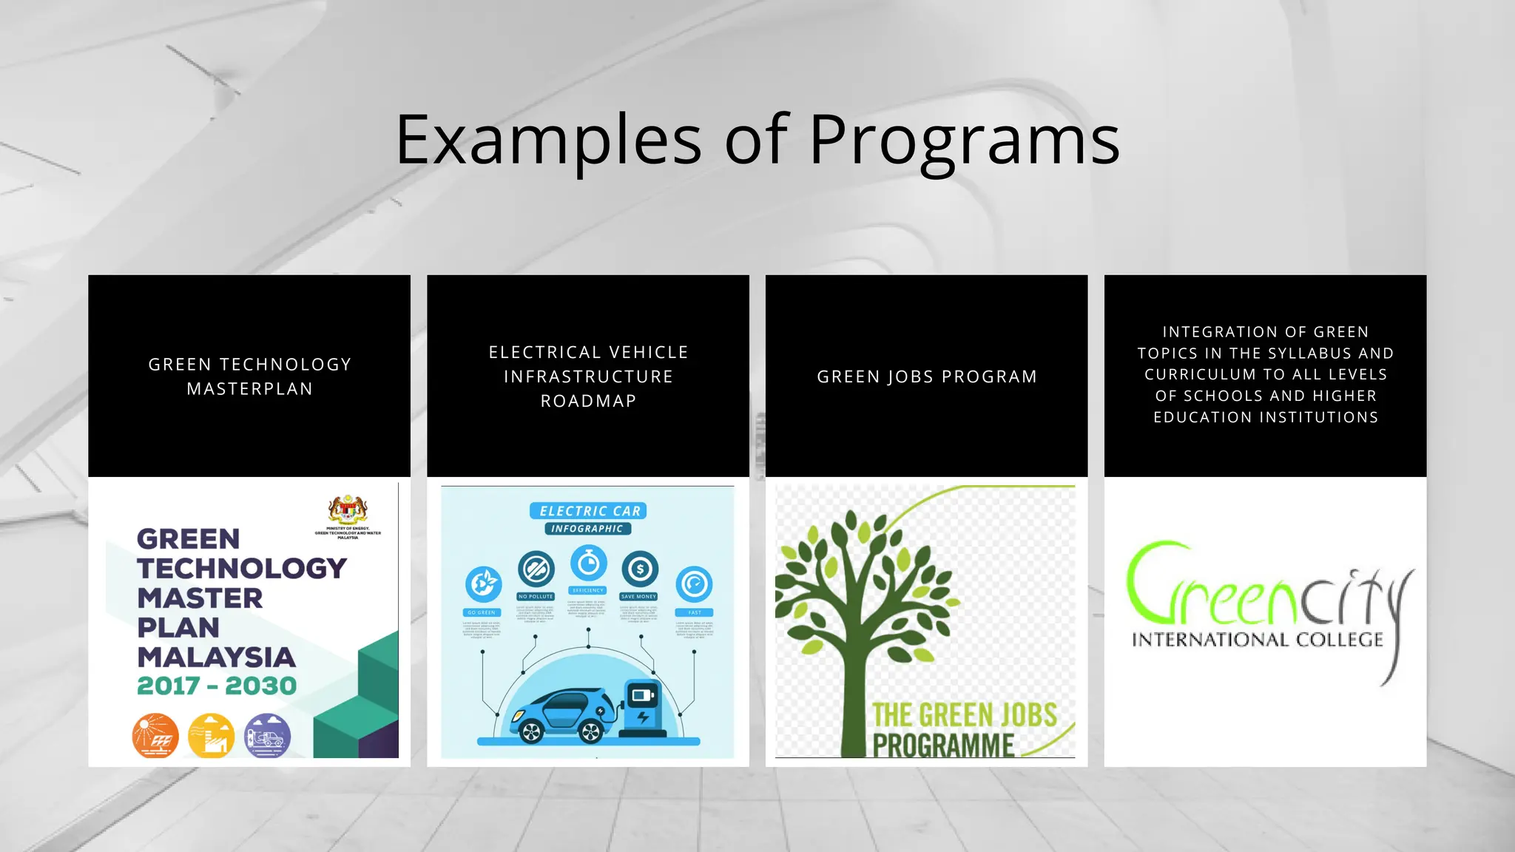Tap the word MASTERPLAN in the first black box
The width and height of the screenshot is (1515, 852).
250,389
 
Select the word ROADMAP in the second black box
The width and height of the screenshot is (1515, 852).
588,401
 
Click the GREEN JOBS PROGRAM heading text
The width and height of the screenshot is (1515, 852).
927,376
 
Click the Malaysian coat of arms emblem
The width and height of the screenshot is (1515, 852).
348,510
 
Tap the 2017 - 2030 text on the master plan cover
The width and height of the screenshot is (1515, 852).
217,686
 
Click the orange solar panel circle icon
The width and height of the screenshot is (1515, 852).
155,735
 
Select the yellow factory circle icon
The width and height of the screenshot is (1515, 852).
212,735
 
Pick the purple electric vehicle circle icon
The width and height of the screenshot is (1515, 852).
267,735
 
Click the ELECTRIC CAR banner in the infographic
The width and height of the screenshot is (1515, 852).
589,511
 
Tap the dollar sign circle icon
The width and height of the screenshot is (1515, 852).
640,569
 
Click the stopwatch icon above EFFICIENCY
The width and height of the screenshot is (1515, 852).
588,564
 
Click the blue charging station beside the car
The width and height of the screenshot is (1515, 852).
642,706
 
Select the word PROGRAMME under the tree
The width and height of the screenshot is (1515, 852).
943,745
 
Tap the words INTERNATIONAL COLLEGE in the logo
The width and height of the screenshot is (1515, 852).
1257,640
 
